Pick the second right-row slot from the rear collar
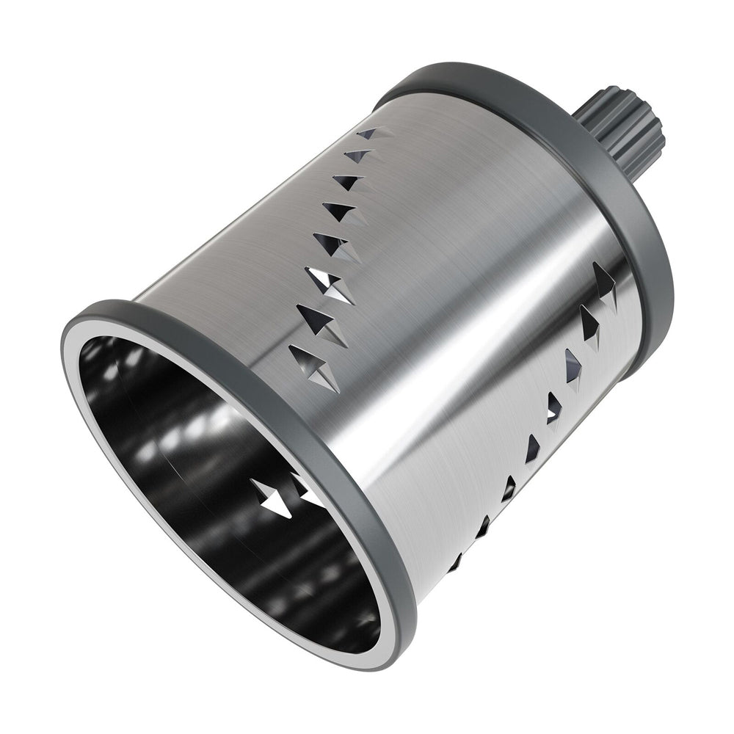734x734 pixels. [590, 323]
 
